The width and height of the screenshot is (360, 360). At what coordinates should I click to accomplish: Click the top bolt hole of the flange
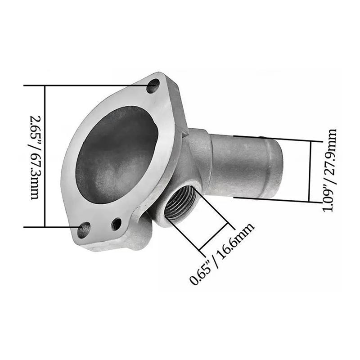153,85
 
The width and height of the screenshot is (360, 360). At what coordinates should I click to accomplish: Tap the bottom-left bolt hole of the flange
84,230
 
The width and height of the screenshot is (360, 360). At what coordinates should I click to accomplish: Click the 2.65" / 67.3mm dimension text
35,157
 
